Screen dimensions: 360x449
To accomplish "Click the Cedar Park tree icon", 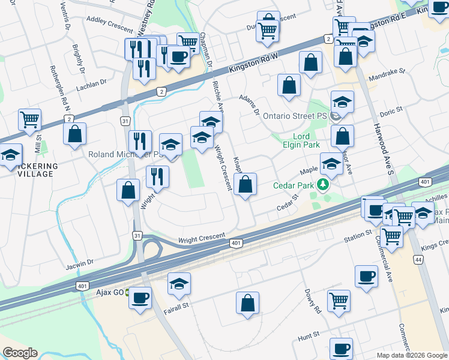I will pyautogui.click(x=324, y=184).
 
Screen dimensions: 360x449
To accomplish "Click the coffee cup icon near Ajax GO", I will pyautogui.click(x=140, y=298).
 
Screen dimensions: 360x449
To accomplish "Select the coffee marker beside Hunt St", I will pyautogui.click(x=341, y=348).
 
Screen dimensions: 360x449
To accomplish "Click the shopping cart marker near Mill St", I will pyautogui.click(x=29, y=119).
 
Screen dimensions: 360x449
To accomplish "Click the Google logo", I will pyautogui.click(x=20, y=353).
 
